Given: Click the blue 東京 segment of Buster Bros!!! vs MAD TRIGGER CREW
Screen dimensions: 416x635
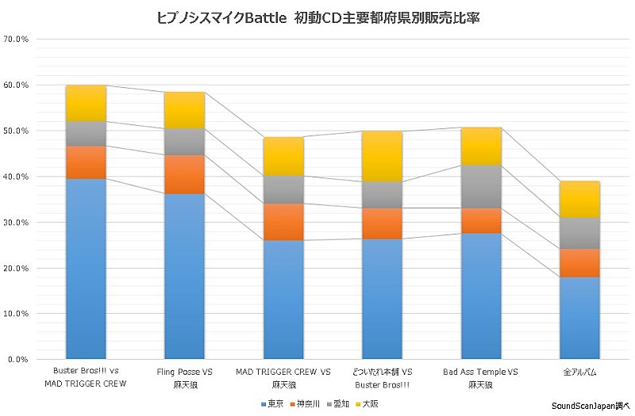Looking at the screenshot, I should click(x=86, y=269).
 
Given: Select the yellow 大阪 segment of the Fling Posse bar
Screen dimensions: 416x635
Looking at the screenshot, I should click(x=184, y=110).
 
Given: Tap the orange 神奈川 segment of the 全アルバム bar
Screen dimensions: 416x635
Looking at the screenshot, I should click(x=579, y=263).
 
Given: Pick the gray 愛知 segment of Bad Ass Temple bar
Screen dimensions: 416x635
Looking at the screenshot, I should click(x=481, y=187).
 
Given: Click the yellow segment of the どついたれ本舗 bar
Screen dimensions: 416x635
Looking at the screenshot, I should click(x=382, y=157).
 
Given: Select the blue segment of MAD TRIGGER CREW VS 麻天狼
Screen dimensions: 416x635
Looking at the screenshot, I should click(x=283, y=300).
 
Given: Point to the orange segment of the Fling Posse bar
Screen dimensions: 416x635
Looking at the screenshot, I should click(x=184, y=174).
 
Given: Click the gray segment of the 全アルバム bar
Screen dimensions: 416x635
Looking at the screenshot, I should click(x=579, y=233).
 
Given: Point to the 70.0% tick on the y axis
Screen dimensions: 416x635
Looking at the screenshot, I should click(x=17, y=39).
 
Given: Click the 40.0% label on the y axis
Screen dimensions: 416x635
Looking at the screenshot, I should click(x=17, y=177).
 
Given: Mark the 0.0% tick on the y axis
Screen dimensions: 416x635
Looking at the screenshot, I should click(x=18, y=360).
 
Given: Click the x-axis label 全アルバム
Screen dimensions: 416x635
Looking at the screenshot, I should click(x=579, y=372).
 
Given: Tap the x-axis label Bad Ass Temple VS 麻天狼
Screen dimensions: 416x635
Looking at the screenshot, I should click(x=481, y=377).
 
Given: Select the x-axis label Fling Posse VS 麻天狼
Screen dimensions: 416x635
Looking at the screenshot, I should click(x=184, y=377).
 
